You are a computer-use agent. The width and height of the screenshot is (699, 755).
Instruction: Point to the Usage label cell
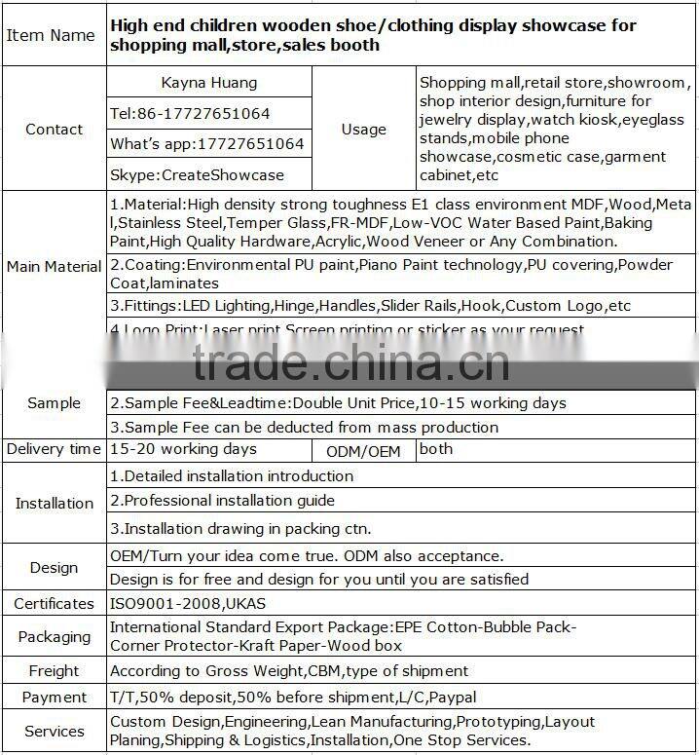point(363,130)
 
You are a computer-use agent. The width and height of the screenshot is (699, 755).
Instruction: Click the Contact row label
point(54,130)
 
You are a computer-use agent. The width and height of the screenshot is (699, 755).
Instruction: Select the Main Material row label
point(54,266)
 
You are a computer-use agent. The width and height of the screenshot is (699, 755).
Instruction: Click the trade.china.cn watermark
point(350,362)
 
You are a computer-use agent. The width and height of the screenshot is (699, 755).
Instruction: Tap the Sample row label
point(54,403)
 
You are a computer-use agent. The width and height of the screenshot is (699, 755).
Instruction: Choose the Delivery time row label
point(54,449)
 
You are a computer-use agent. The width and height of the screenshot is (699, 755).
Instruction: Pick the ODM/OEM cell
point(364,451)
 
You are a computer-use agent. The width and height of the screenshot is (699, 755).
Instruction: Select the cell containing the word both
point(436,449)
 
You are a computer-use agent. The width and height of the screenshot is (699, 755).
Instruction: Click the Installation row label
point(54,504)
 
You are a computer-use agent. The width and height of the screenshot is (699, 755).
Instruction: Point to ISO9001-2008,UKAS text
point(188,603)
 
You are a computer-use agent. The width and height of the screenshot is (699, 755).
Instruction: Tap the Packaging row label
point(54,637)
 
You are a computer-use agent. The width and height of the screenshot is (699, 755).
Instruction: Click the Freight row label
point(54,671)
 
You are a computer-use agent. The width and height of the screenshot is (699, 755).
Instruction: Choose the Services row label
point(54,732)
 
